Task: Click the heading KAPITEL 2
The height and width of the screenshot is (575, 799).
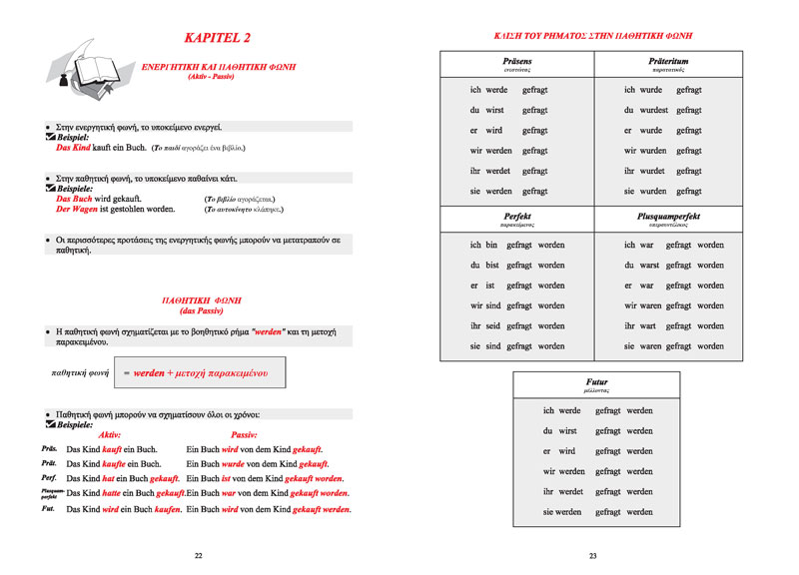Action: pos(217,38)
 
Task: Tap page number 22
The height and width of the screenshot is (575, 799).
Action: pos(198,555)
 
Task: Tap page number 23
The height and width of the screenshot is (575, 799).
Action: pos(592,555)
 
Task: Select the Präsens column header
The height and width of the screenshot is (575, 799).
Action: pos(516,61)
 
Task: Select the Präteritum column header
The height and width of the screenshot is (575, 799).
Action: pos(668,61)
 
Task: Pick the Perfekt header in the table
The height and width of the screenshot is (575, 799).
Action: pos(516,216)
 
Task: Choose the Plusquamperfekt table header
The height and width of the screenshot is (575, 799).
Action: pos(668,216)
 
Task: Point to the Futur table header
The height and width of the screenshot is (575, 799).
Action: pos(596,382)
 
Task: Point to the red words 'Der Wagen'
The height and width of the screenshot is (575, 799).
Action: pos(77,210)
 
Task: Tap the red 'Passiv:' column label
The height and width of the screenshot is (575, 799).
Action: pos(244,435)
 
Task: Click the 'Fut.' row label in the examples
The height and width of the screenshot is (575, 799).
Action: pos(47,508)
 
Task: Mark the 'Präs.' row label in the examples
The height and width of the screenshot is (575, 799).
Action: pos(48,450)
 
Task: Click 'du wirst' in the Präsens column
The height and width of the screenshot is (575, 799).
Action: pos(487,110)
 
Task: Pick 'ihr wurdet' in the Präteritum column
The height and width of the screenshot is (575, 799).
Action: pos(644,171)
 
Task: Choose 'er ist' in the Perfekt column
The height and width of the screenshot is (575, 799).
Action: pos(483,286)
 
